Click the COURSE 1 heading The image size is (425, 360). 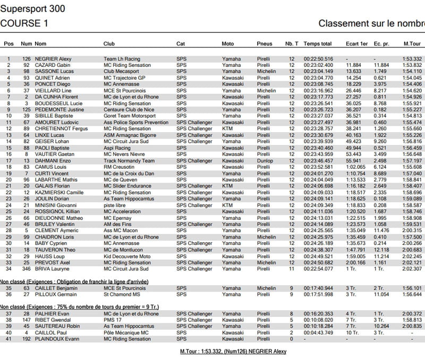[24, 23]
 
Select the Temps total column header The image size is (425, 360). [318, 44]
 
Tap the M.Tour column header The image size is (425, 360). [412, 44]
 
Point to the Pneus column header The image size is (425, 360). [264, 44]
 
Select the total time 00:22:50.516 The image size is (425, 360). [318, 59]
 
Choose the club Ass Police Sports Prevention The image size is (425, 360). [136, 123]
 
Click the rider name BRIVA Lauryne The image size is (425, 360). [52, 269]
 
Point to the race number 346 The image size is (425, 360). [26, 269]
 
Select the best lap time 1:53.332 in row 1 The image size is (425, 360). [412, 59]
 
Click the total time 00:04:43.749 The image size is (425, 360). [318, 333]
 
